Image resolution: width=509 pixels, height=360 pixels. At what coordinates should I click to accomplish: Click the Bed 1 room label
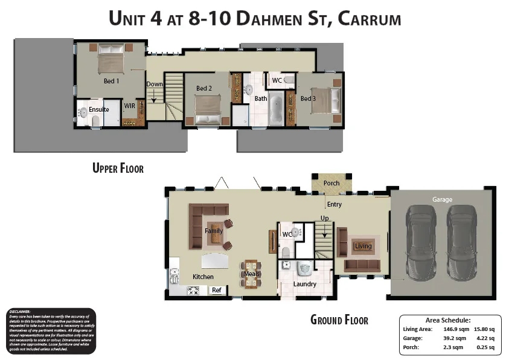coord(111,80)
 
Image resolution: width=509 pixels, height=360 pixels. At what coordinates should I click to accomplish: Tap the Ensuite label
coord(98,109)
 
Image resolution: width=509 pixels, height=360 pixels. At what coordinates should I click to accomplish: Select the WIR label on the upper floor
coord(129,106)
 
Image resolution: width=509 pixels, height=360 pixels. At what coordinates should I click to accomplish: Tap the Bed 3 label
coord(308,98)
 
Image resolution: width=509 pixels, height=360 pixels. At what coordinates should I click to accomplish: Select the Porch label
coord(331,183)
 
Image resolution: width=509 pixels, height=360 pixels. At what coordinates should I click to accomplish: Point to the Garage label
coord(442,199)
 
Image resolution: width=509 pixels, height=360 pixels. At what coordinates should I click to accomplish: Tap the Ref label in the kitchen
coord(217,291)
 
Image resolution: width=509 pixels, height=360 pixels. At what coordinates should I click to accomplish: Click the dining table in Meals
coord(251,274)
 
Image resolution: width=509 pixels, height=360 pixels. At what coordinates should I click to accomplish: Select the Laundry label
coord(305,284)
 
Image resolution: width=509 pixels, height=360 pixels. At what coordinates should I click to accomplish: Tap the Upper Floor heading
coord(118,168)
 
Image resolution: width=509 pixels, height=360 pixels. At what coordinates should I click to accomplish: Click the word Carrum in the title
coord(370,19)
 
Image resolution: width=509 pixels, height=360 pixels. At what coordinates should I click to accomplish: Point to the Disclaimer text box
coord(50,330)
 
